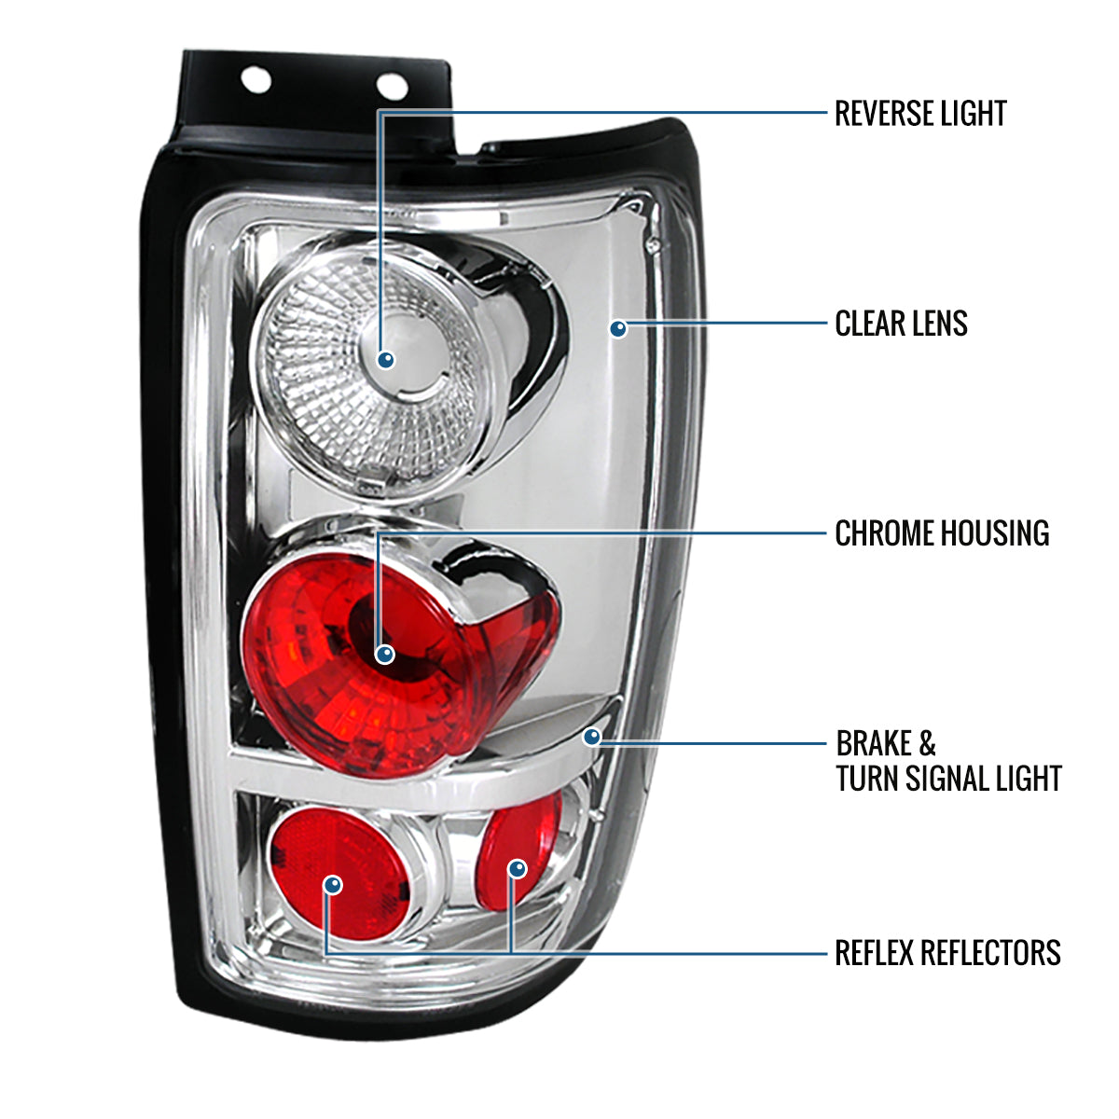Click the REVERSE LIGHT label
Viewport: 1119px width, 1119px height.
[919, 114]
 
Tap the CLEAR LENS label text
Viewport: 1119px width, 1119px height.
[901, 324]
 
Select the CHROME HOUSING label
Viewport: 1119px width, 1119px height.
[942, 533]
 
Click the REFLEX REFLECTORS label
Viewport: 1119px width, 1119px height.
[947, 953]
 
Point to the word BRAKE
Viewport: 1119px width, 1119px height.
[874, 744]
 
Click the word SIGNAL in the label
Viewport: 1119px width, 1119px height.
[956, 779]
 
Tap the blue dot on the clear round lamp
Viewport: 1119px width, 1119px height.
[386, 359]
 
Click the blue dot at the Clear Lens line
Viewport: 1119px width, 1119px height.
[618, 328]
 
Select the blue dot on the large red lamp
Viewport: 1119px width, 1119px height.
[385, 655]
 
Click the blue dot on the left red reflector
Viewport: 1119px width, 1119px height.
[333, 883]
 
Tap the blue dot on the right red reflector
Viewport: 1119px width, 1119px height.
[518, 869]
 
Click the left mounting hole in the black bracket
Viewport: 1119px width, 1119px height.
[256, 80]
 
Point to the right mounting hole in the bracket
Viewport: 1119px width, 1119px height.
[392, 87]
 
